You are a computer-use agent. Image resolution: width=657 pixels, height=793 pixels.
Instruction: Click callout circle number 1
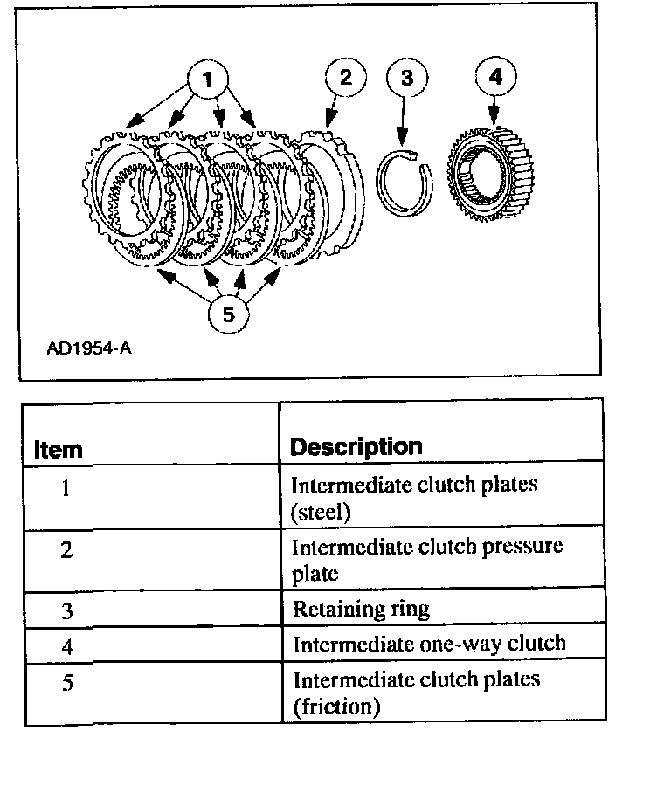tap(207, 80)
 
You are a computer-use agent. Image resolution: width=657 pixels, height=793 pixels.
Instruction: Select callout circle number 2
tap(345, 77)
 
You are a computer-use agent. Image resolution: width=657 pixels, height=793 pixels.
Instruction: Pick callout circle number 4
tap(495, 77)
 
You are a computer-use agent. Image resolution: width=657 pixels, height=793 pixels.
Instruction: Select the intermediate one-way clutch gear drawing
tap(490, 175)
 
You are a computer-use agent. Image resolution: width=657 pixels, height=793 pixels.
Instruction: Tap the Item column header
tap(58, 449)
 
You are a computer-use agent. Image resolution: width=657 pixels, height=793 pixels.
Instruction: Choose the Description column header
tap(356, 447)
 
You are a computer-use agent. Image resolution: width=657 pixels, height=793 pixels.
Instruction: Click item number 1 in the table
tap(66, 488)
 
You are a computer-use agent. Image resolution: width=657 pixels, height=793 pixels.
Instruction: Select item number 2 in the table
tap(66, 552)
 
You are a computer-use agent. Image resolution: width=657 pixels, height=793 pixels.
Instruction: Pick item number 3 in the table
tap(66, 610)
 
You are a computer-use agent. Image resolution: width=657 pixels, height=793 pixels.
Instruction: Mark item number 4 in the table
tap(66, 646)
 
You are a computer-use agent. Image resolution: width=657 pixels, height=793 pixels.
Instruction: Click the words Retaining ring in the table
tap(361, 609)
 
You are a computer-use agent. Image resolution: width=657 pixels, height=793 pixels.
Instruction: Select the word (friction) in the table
tap(335, 706)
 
